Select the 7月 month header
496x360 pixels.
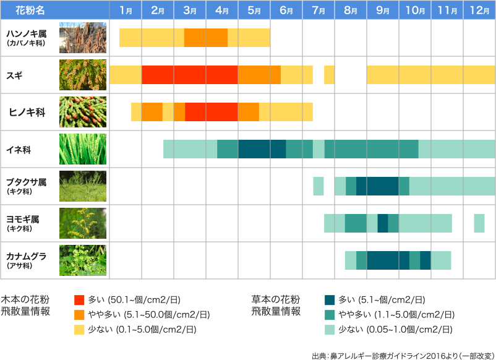pyautogui.click(x=319, y=11)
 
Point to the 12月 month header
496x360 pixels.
pyautogui.click(x=479, y=11)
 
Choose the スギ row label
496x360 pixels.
pyautogui.click(x=15, y=74)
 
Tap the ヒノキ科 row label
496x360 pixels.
pyautogui.click(x=27, y=112)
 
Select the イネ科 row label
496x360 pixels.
pyautogui.click(x=19, y=149)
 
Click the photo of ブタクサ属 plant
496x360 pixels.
pyautogui.click(x=83, y=186)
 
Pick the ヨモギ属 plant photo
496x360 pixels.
pyautogui.click(x=83, y=223)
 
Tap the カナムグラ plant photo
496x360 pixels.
pyautogui.click(x=83, y=260)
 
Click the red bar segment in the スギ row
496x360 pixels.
pyautogui.click(x=190, y=75)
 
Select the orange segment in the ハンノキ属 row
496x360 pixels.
pyautogui.click(x=206, y=38)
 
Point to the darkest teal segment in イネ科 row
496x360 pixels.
pyautogui.click(x=262, y=149)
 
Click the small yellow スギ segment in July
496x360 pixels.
pyautogui.click(x=329, y=75)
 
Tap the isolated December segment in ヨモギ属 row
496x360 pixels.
pyautogui.click(x=479, y=223)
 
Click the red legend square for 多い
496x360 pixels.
pyautogui.click(x=79, y=300)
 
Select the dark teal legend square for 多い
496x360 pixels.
pyautogui.click(x=330, y=300)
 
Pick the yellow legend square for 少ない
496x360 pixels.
pyautogui.click(x=79, y=330)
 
